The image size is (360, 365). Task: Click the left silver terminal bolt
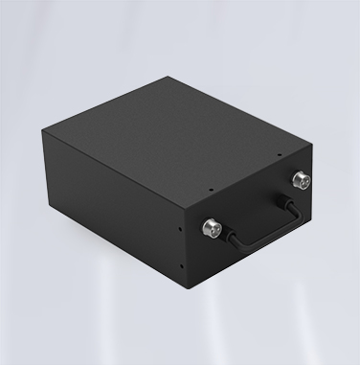click(212, 228)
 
